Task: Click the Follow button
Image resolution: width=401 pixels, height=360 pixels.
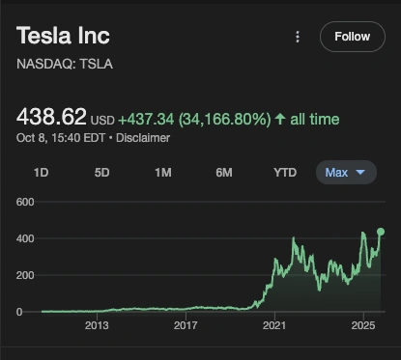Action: coord(352,37)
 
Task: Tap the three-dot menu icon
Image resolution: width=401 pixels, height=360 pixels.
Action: coord(298,37)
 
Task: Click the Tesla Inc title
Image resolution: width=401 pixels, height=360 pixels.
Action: coord(63,36)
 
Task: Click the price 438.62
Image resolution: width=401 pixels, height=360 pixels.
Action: coord(50,118)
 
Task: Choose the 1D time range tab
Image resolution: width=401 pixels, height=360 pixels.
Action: coord(42,173)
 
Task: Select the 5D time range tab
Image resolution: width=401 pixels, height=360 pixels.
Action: coord(102,173)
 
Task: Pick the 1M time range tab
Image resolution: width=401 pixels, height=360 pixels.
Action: coord(163,173)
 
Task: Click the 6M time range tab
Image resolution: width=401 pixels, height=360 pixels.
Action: coord(224,173)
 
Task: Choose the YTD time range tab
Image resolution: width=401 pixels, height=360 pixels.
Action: coord(285,173)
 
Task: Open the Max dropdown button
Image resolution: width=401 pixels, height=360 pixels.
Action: coord(346,173)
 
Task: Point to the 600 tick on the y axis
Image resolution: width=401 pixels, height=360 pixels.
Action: coord(25,202)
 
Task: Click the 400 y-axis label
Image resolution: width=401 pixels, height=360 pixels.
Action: coord(25,238)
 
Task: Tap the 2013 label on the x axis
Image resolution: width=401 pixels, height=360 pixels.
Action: coord(97,326)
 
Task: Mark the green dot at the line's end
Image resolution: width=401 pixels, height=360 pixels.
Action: coord(381,232)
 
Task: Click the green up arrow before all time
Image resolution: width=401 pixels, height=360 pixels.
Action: coord(280,119)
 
